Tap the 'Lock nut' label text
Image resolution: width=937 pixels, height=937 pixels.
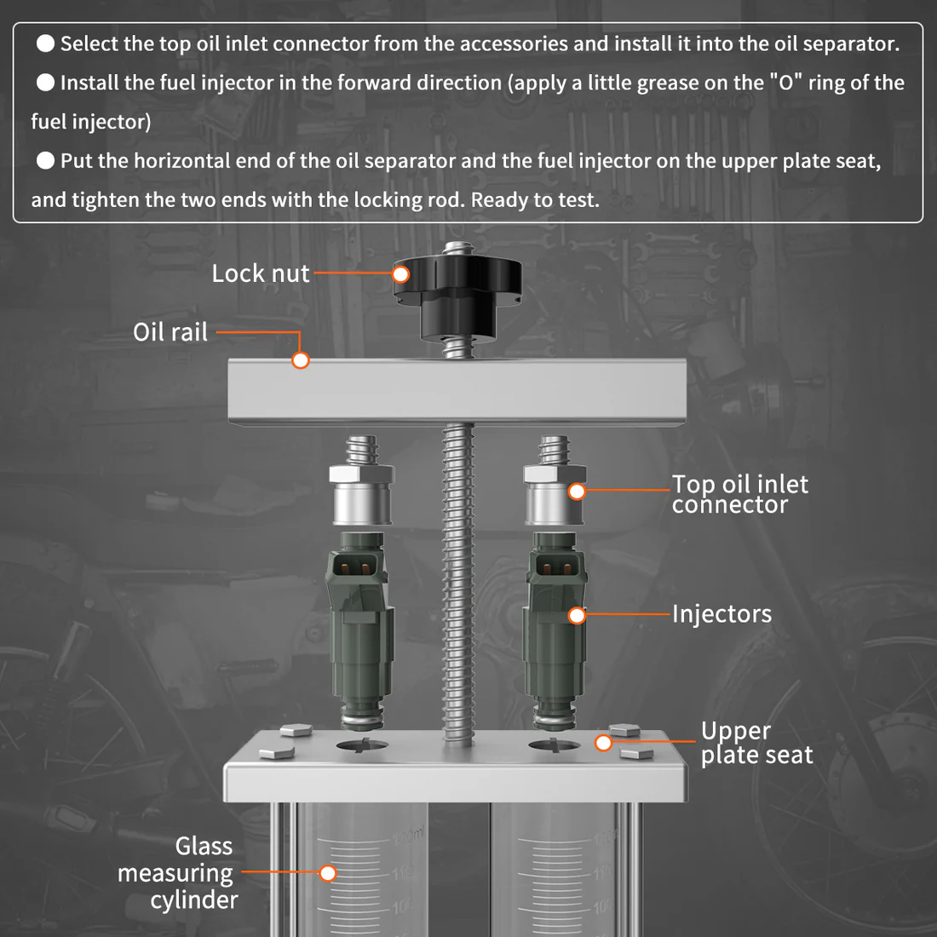(260, 273)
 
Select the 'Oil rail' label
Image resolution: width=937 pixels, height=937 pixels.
(170, 332)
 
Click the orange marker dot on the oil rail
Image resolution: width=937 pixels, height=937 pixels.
(300, 360)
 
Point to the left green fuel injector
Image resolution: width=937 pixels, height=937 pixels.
(361, 630)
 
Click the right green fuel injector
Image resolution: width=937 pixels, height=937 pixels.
(555, 630)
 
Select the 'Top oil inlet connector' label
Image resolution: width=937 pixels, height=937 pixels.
(739, 494)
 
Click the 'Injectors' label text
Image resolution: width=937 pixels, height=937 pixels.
(721, 614)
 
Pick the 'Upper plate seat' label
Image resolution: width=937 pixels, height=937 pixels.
(756, 743)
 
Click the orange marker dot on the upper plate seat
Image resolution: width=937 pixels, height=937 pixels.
(603, 743)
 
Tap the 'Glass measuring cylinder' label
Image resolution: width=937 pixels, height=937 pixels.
(179, 873)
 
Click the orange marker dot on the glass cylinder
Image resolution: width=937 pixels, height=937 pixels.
(328, 872)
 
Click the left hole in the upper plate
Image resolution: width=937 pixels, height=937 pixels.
(362, 746)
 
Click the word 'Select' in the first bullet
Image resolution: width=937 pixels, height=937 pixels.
(90, 44)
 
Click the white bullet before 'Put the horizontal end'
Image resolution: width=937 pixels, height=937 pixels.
(46, 161)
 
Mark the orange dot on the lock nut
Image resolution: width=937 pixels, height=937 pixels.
(400, 274)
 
